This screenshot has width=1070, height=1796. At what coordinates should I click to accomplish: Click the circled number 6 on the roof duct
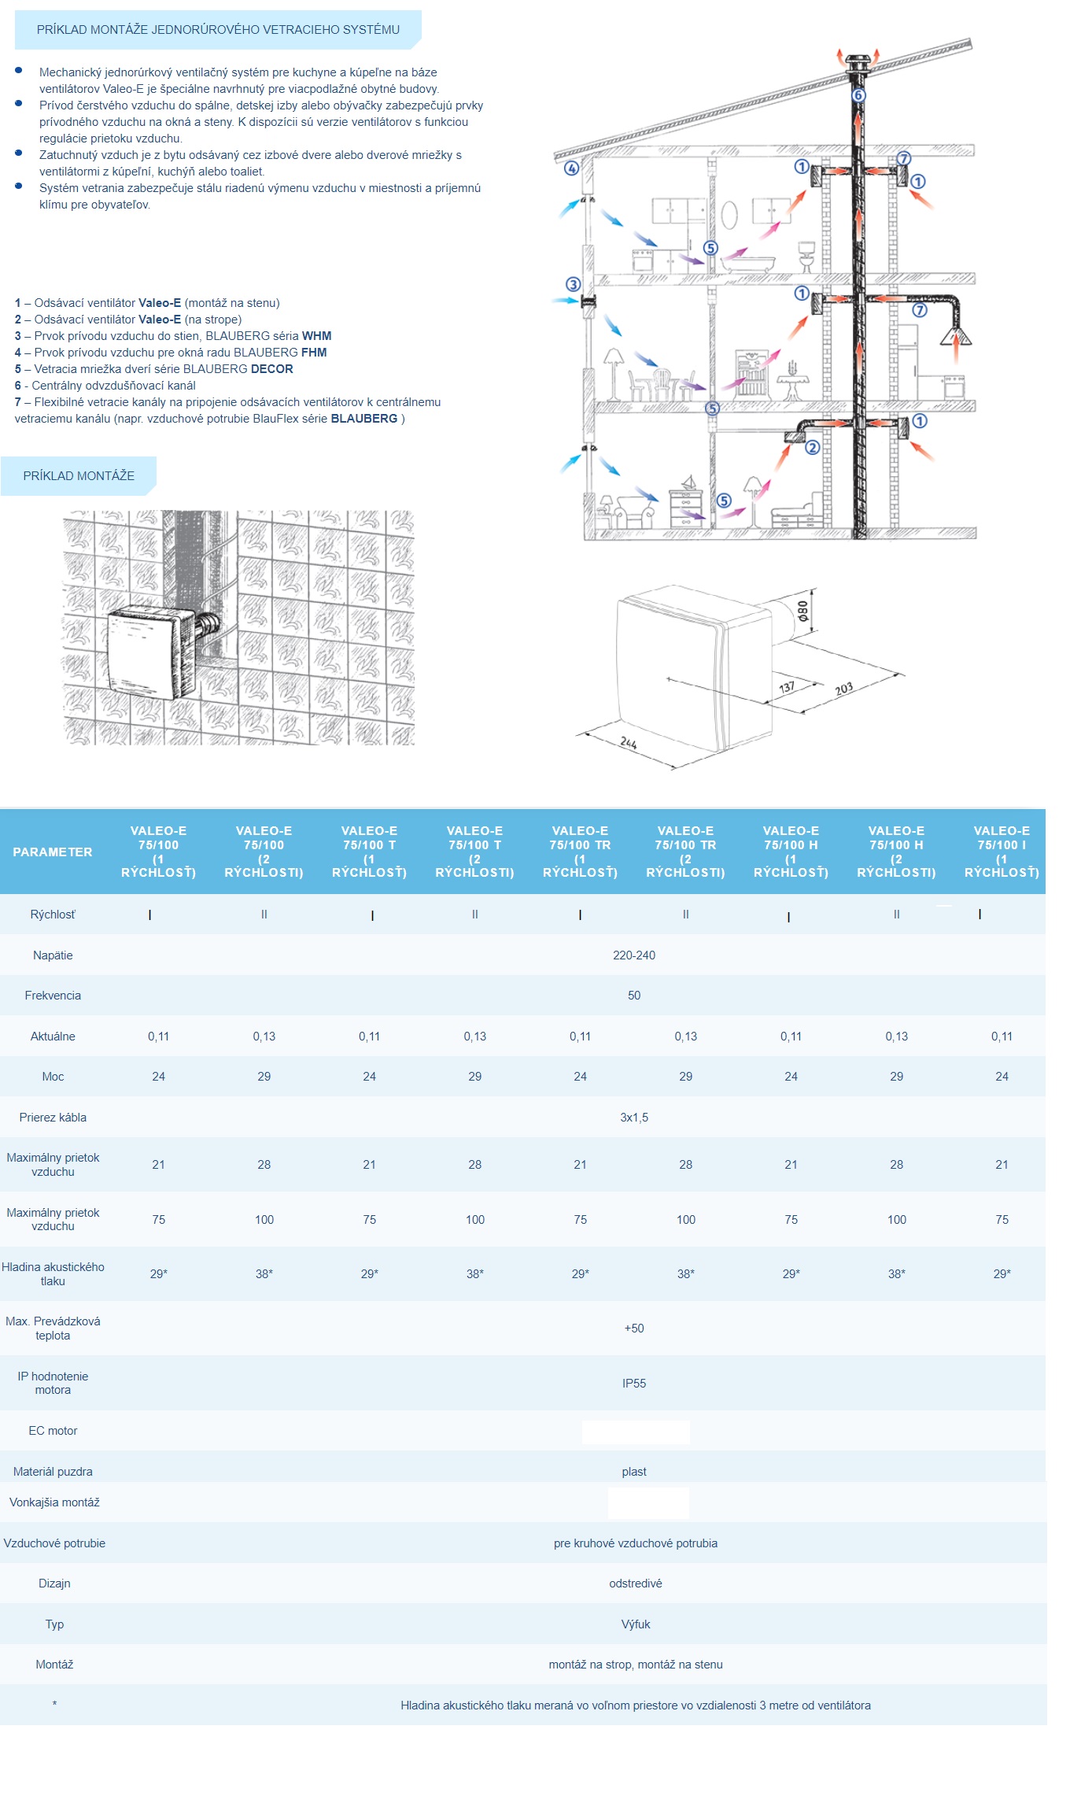click(x=858, y=95)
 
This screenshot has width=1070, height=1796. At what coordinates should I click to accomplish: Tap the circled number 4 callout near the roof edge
click(x=571, y=168)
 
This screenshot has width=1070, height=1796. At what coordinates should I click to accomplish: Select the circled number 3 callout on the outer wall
click(x=573, y=284)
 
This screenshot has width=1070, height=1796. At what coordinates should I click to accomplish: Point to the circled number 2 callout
click(x=813, y=448)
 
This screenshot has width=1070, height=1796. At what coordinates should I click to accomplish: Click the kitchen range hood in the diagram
click(x=956, y=337)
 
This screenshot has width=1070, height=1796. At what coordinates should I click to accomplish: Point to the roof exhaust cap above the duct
click(x=858, y=61)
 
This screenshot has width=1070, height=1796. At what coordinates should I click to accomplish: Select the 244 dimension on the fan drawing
click(x=628, y=742)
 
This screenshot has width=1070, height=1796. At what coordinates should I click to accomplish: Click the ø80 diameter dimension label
click(x=802, y=612)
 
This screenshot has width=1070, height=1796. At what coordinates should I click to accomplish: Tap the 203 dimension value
click(x=843, y=689)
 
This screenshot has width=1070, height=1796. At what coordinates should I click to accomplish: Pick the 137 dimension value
click(x=786, y=687)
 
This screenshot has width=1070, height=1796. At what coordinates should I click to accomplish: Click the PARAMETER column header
click(x=53, y=852)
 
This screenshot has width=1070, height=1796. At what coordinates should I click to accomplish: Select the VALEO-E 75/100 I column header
click(x=1001, y=852)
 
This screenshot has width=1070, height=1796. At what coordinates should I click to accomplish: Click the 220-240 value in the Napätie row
click(x=633, y=955)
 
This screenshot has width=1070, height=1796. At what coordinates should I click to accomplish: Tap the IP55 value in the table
click(x=633, y=1383)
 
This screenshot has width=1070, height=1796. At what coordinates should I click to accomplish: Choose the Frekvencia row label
click(x=53, y=996)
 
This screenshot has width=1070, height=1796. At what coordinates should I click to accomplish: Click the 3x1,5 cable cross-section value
click(x=633, y=1117)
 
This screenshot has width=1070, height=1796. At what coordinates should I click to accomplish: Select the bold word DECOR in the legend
click(x=271, y=369)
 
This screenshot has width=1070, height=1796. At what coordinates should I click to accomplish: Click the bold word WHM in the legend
click(x=316, y=336)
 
